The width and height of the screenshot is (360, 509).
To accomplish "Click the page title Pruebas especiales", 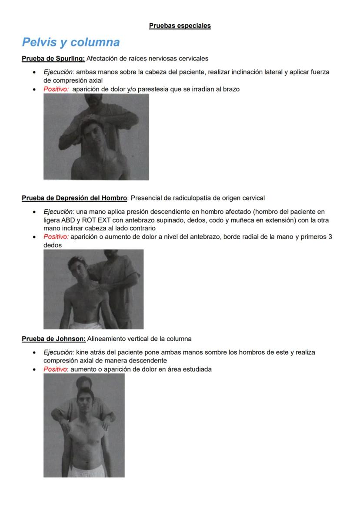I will (180, 26).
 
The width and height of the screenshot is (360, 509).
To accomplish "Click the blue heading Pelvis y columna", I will (71, 42).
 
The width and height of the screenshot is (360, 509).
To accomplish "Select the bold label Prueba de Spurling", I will (53, 58).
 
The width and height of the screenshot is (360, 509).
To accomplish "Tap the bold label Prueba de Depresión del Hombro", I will (74, 198).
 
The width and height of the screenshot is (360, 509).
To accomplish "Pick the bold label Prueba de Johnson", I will (53, 338).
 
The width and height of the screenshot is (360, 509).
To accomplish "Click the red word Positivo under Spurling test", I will (56, 89).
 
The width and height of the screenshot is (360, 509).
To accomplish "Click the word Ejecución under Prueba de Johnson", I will (59, 352).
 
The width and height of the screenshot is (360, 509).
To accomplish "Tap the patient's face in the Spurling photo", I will (93, 133).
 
